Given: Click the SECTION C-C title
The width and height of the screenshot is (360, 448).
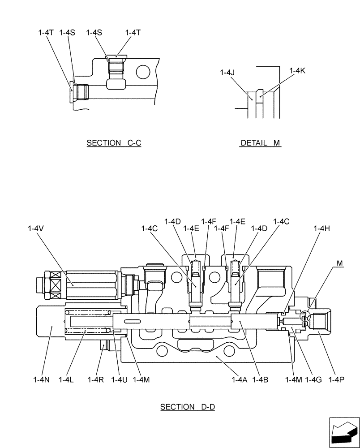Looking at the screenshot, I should [114, 143].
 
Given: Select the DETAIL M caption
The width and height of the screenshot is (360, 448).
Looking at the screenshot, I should [260, 143].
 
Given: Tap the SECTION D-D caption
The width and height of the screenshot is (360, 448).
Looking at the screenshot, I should [188, 407].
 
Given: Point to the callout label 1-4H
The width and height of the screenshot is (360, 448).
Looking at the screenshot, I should [321, 228].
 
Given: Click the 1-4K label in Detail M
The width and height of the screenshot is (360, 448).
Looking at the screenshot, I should [297, 70].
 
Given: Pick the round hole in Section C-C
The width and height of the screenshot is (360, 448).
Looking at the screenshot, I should [144, 71].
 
